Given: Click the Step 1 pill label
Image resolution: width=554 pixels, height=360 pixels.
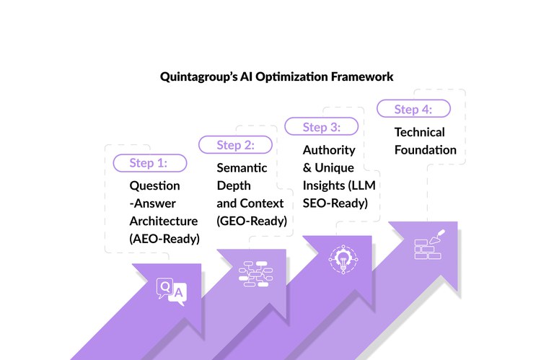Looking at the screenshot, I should point(149,163).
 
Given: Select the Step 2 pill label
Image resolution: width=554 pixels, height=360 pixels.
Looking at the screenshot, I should point(235,145).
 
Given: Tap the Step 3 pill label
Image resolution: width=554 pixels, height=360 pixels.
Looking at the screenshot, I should point(321,127).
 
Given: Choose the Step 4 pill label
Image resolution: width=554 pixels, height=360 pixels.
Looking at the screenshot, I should point(413,109).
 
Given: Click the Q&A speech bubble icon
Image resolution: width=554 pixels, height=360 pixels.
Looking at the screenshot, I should point(171,291).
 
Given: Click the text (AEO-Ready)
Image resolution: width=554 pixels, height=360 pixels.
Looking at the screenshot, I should point(164,238).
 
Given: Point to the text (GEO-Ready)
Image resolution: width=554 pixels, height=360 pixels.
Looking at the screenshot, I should point(252,220).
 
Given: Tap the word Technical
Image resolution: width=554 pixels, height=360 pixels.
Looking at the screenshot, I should point(419,132).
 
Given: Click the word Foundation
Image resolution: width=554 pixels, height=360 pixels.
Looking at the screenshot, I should point(425,150).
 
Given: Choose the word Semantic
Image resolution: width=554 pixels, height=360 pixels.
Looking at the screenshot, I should point(242,167).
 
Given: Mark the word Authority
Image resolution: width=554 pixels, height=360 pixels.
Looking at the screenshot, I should point(329,150).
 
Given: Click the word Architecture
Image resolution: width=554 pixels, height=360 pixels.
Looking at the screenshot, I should point(162,221).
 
